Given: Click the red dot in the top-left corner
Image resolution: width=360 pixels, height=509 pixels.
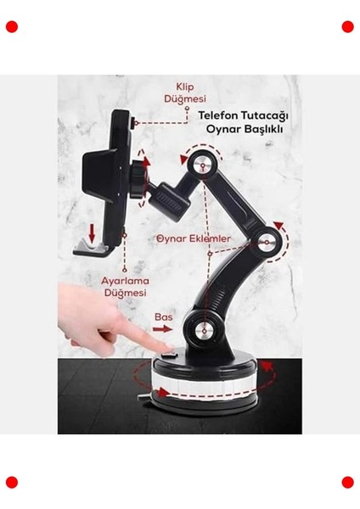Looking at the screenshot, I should [x=12, y=26].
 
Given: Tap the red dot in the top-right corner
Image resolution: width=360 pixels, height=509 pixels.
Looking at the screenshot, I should [x=347, y=26].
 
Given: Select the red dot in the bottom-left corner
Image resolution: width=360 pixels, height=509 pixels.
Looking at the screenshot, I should [x=12, y=482].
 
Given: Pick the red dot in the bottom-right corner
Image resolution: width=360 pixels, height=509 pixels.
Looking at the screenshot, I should [x=347, y=482].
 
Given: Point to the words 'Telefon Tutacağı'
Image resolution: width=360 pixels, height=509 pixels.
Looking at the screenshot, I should [x=244, y=115].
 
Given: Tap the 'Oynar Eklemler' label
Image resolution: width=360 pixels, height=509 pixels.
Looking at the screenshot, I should [x=194, y=239].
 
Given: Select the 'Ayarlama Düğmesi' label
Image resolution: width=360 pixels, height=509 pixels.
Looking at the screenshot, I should [x=126, y=285].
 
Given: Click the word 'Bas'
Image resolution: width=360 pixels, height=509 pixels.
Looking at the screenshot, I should [x=163, y=317].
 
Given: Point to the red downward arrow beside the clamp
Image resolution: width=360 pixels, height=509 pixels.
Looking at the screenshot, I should [x=91, y=231].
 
